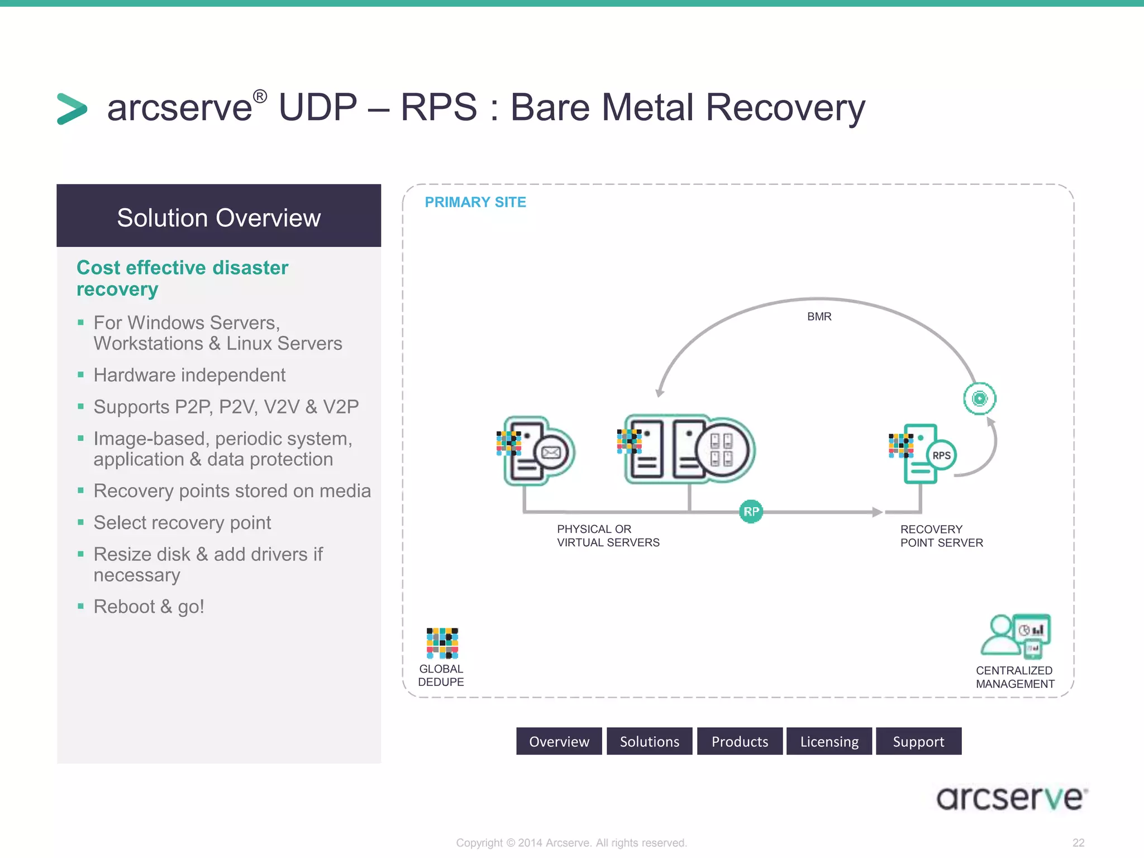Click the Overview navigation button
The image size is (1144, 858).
point(559,741)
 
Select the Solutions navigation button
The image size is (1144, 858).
point(649,741)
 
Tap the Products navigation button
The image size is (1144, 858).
point(740,741)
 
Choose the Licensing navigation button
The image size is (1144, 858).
point(829,741)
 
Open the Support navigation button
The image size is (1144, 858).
point(918,741)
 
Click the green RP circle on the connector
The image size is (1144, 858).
point(751,511)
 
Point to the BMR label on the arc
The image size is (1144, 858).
point(819,317)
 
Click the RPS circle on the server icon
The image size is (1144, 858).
point(941,455)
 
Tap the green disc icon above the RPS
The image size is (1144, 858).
point(979,398)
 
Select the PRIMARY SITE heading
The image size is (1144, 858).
point(475,202)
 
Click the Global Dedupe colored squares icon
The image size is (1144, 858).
point(442,643)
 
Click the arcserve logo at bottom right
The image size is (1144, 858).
point(1011,798)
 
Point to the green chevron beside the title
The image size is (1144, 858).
point(72,108)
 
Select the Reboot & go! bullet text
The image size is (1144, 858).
point(149,607)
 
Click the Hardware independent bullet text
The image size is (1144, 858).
point(189,375)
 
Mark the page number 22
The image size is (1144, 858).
point(1078,842)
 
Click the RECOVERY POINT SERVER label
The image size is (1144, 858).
point(941,536)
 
